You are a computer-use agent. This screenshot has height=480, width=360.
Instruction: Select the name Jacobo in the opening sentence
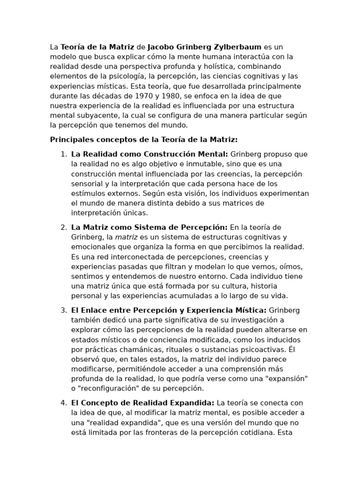162,47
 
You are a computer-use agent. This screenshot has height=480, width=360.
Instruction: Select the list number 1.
63,154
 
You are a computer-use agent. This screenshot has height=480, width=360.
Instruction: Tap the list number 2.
63,227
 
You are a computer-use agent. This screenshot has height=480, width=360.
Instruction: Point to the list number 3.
63,310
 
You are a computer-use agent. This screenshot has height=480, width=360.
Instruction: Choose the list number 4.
63,403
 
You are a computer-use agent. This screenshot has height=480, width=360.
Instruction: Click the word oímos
292,267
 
